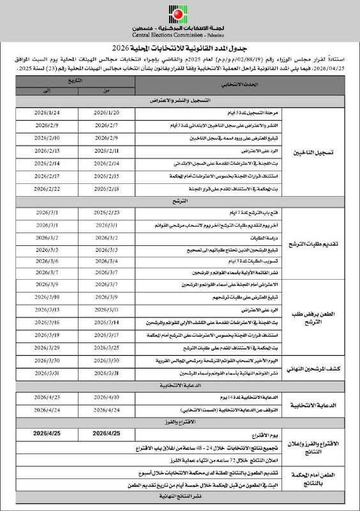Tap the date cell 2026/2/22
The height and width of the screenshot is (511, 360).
click(x=47, y=188)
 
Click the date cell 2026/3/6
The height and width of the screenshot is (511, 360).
click(x=47, y=261)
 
